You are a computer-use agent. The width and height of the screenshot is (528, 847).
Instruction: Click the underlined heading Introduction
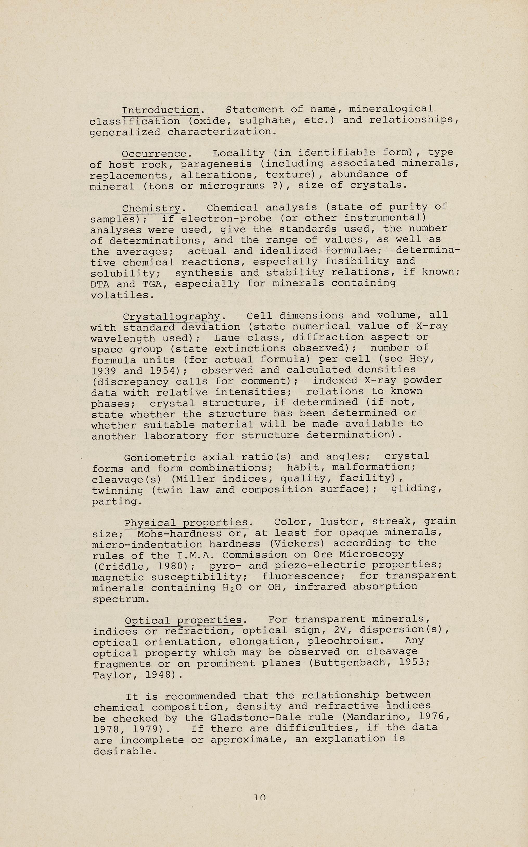[161, 110]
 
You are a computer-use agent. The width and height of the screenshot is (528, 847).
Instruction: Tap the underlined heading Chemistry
[151, 208]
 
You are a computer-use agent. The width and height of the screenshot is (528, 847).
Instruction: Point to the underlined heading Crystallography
[172, 317]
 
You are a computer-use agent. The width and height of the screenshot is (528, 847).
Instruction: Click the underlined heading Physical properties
[186, 523]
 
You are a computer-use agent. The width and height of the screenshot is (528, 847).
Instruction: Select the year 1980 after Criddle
[169, 566]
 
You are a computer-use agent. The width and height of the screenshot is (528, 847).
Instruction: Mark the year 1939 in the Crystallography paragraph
[103, 371]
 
